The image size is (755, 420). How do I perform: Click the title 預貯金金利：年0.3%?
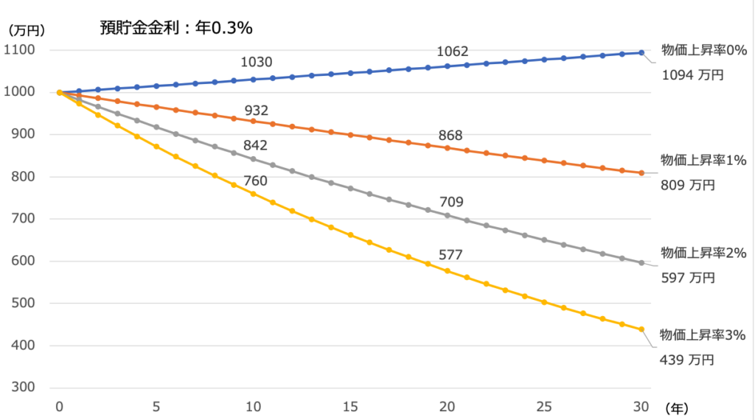click(x=176, y=28)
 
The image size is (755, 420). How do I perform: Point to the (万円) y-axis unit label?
click(x=27, y=31)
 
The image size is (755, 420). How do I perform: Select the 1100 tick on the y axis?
click(x=25, y=50)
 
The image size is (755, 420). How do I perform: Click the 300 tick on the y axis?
click(x=29, y=388)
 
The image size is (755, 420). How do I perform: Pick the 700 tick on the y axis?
click(x=29, y=219)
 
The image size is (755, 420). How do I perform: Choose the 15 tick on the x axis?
click(x=350, y=406)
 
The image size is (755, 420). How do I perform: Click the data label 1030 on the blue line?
click(x=257, y=62)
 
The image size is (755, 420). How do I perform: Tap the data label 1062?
click(x=453, y=52)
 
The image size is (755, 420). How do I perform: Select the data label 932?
click(x=256, y=111)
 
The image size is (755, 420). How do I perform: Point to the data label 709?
click(x=451, y=201)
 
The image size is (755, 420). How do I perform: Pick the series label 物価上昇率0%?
click(x=703, y=51)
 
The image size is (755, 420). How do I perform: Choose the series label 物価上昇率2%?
click(x=703, y=253)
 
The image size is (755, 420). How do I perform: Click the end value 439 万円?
click(x=688, y=360)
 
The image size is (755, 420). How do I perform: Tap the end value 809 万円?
click(x=688, y=186)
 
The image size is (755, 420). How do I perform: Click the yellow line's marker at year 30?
click(x=641, y=329)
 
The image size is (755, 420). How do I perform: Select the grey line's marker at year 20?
click(x=447, y=215)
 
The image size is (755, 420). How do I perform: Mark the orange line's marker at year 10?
click(x=253, y=121)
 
